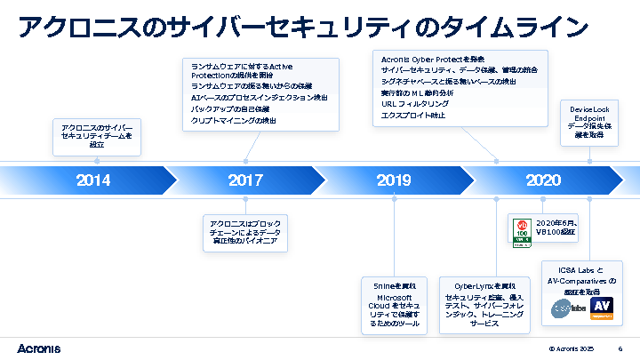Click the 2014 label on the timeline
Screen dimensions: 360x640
point(93,180)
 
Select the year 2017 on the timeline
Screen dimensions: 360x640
point(245,180)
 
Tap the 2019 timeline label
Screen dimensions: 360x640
point(394,180)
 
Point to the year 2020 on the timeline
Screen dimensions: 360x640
point(542,180)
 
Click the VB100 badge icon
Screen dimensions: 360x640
point(522,228)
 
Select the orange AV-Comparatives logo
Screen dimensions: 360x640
point(603,307)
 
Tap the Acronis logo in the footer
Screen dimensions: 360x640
point(39,348)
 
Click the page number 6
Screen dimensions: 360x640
point(620,348)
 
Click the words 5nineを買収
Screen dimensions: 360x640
point(396,285)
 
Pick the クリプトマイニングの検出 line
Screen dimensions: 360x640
point(234,120)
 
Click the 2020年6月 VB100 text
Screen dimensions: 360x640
point(556,227)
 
